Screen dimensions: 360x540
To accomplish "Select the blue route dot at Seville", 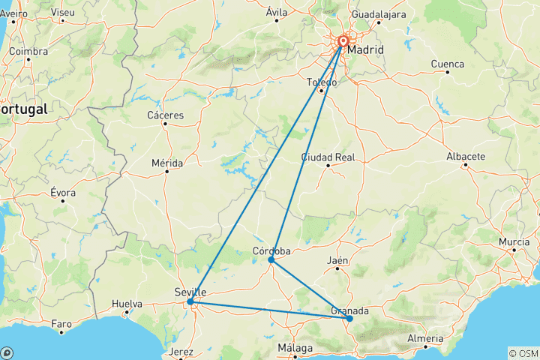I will click(190, 301).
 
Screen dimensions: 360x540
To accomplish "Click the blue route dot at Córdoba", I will click(271, 259).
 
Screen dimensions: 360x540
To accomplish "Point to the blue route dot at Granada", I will click(349, 319).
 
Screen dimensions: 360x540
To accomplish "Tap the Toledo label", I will click(322, 82).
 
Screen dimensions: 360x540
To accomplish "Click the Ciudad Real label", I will click(328, 157).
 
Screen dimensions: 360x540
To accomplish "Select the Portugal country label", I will click(22, 109).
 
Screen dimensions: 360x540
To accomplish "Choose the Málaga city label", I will click(295, 348).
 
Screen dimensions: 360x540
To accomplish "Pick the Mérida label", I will click(166, 162).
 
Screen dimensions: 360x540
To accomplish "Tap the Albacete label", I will click(466, 156).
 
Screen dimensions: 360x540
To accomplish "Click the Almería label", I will click(424, 338).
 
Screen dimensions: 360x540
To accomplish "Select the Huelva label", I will click(127, 304).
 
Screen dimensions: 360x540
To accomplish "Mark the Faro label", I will click(61, 325).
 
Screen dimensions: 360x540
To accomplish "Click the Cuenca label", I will click(447, 64).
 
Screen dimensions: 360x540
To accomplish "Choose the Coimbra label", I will click(28, 51).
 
